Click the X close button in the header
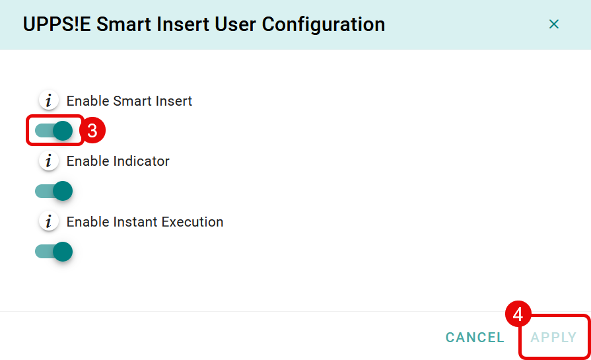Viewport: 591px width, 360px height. point(553,24)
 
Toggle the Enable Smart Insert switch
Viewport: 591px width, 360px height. point(53,131)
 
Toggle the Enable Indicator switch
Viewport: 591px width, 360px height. point(53,191)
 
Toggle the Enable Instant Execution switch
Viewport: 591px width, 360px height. point(53,252)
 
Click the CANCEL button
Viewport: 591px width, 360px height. point(475,338)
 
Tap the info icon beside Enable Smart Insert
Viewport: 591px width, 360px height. point(49,100)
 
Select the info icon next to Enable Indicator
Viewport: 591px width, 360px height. point(49,161)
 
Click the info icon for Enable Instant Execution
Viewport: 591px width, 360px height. point(49,221)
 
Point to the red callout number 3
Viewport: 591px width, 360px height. point(92,130)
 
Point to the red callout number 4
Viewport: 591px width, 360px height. point(518,314)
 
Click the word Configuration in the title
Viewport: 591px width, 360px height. point(324,25)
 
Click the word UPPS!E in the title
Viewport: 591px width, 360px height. point(57,24)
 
